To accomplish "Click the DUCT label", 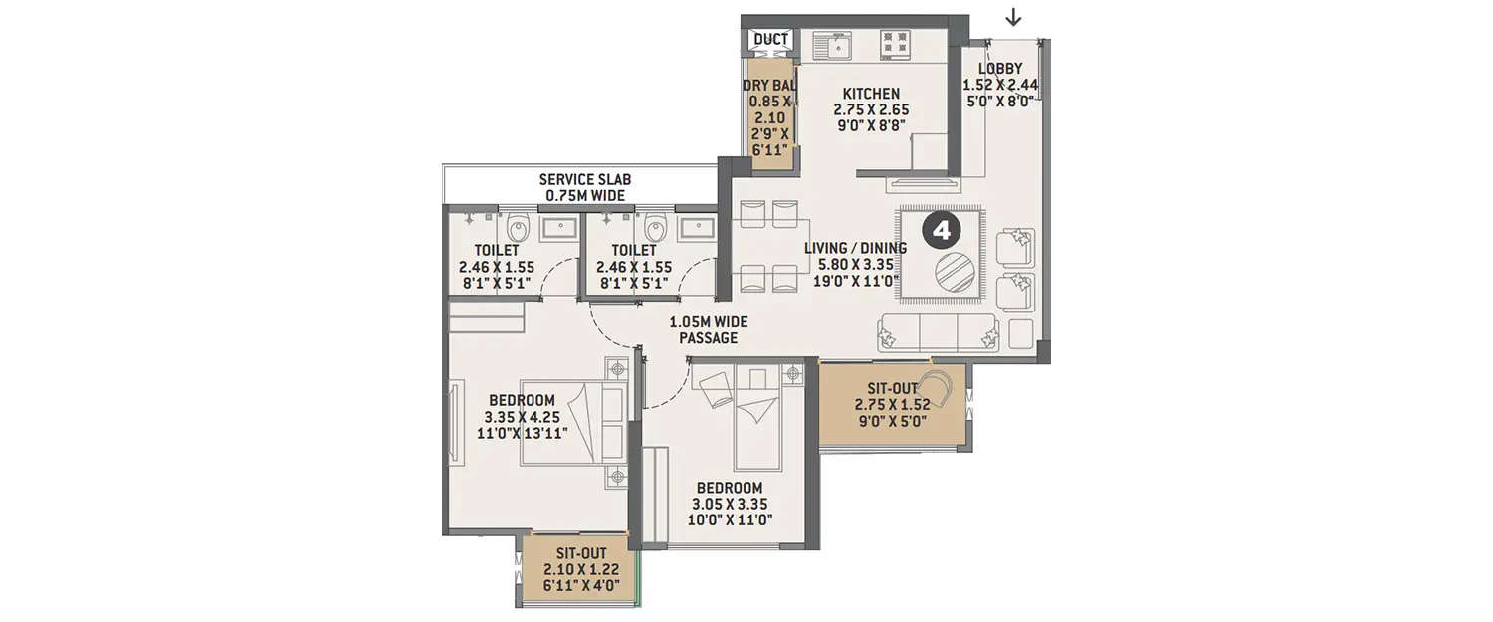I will [x=771, y=40].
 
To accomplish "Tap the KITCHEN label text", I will [x=871, y=94].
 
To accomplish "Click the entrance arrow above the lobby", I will [x=1013, y=17].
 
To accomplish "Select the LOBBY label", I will [x=1000, y=69].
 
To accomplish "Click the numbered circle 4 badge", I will [x=941, y=231].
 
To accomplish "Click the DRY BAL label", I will [x=770, y=85].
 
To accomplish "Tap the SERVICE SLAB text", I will [x=585, y=179].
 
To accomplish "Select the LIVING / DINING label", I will [x=856, y=249].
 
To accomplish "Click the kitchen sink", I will [x=834, y=45].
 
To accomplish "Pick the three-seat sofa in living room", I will [x=938, y=332].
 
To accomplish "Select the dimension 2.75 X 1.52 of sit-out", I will [x=891, y=405].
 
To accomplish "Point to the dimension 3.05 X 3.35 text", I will [x=730, y=504].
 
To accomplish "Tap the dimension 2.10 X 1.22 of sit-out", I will [x=579, y=568].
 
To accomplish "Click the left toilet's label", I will [x=497, y=251].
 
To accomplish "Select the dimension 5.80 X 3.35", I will [x=856, y=266].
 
